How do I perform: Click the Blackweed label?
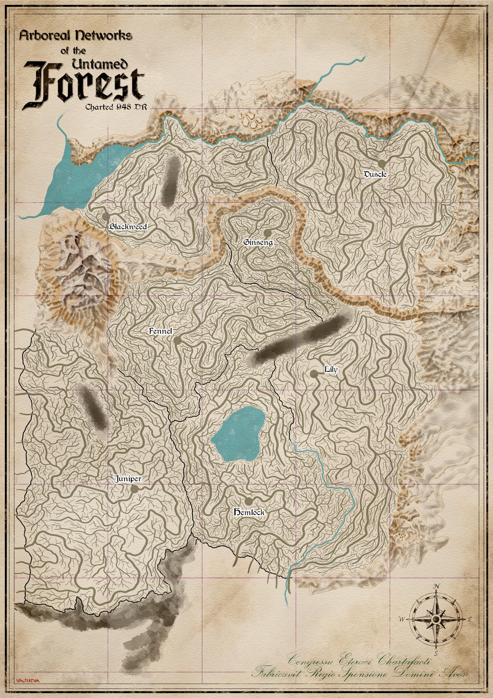128,227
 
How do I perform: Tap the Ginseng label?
258,242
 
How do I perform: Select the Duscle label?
375,174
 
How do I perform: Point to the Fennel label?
161,331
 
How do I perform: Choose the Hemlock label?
249,512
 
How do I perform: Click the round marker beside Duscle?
382,163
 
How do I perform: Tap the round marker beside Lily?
314,374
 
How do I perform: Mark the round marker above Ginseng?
267,233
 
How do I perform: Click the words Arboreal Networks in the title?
76,36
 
